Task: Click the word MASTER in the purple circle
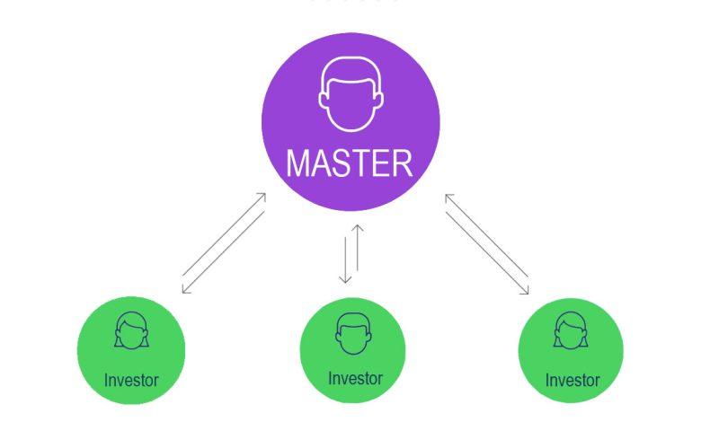click(350, 163)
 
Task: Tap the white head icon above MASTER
click(350, 94)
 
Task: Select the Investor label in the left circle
click(131, 381)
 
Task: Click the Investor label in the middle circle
click(355, 379)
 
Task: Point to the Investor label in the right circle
click(572, 381)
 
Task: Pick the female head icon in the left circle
click(131, 330)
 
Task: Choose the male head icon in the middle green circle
click(353, 334)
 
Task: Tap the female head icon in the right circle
click(571, 330)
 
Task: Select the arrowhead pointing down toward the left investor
click(185, 289)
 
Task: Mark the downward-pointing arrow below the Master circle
click(345, 259)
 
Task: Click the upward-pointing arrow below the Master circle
click(357, 248)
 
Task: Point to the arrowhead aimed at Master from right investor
click(448, 198)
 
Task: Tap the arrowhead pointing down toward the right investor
click(526, 290)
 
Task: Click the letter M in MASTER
click(297, 163)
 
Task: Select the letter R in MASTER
click(402, 163)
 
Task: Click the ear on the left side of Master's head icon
click(322, 100)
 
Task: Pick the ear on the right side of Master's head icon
click(379, 100)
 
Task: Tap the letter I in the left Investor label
click(106, 380)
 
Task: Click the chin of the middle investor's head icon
click(353, 353)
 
